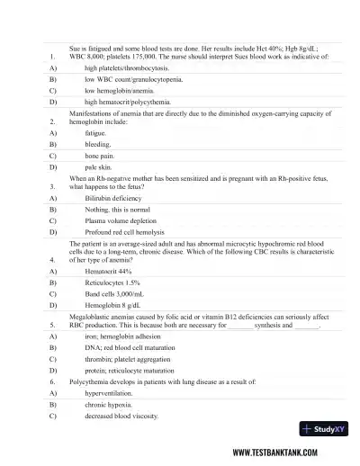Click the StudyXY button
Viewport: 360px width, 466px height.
pyautogui.click(x=326, y=429)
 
